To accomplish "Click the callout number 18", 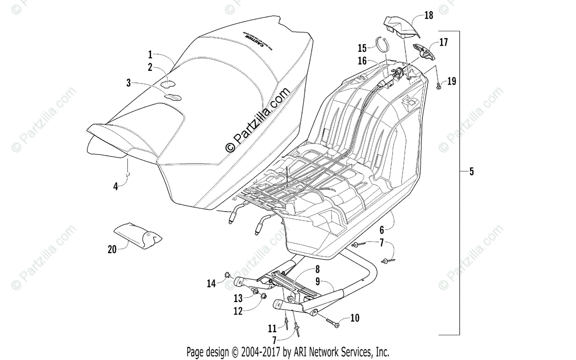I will coord(429,15).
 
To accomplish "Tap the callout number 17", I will coord(443,42).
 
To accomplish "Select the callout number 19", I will coord(452,81).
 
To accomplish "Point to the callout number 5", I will coord(471,171).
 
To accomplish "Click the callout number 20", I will coord(112,249).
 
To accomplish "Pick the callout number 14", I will coord(212,284).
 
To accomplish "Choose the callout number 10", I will coord(355,318).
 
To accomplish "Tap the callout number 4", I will coord(116,187).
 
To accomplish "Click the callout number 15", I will coord(362,48).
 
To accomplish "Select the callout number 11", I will coord(272,329).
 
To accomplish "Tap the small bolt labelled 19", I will coord(440,85).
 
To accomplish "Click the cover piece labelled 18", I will coord(402,27).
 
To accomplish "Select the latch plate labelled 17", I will coord(424,50).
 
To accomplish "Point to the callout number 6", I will coord(382,229).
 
